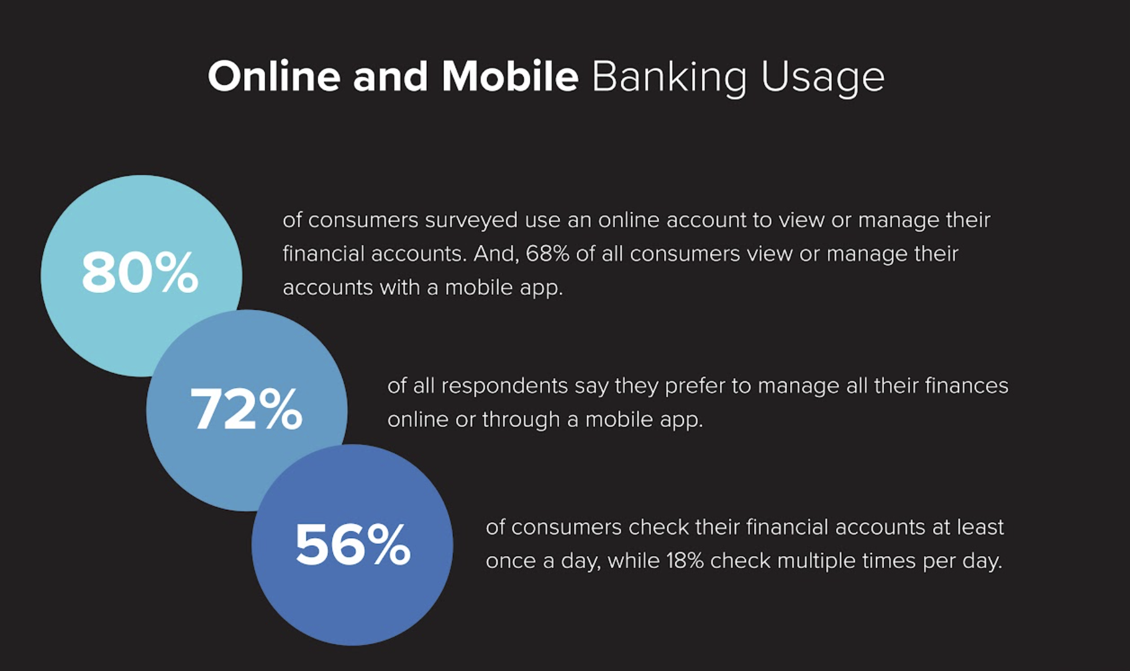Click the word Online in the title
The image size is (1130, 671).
tap(274, 76)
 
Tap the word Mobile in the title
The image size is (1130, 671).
tap(510, 76)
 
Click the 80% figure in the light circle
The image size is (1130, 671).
tap(140, 272)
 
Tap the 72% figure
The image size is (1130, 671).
tap(246, 408)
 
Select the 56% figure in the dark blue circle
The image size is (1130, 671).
tap(352, 544)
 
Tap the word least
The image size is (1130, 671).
tap(980, 528)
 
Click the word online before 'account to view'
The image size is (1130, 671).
tap(629, 220)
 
